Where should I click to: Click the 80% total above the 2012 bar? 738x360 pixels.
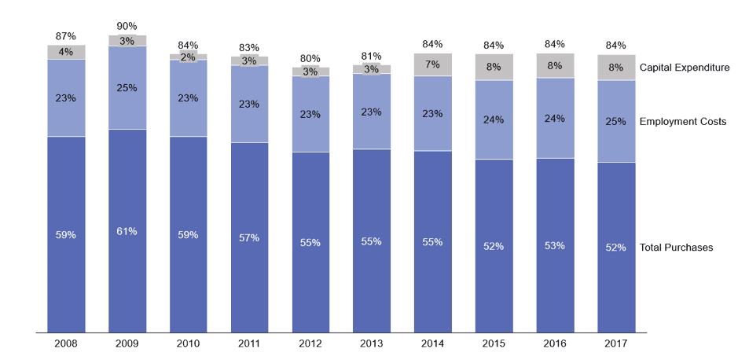(x=310, y=57)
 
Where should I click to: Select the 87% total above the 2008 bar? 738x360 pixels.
(x=66, y=36)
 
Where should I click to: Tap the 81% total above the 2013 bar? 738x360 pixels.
(x=372, y=56)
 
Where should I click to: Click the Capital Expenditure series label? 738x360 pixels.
(x=685, y=68)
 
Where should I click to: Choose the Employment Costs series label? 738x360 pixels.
(x=683, y=122)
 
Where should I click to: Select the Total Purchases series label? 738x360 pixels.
(x=677, y=248)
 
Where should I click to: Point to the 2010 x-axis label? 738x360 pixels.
(x=189, y=343)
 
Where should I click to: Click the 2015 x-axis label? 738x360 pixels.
(x=494, y=343)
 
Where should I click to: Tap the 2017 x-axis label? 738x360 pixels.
(x=616, y=343)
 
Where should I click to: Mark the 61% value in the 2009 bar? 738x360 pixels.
(x=127, y=231)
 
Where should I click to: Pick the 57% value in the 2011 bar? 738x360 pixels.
(x=249, y=238)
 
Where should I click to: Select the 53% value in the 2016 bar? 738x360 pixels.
(x=555, y=245)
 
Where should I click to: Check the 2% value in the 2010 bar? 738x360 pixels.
(x=189, y=57)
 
